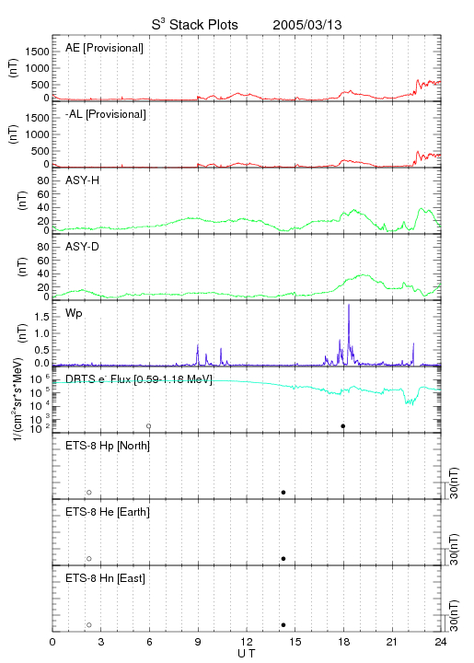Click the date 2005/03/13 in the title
[x=307, y=25]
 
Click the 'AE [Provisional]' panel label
[x=104, y=48]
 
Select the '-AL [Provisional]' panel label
[x=106, y=114]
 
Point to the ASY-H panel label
[x=83, y=180]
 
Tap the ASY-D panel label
[x=83, y=247]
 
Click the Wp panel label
[x=74, y=313]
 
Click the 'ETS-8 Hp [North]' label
[x=108, y=446]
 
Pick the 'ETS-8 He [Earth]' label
[x=108, y=512]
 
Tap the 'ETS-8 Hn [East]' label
[x=105, y=578]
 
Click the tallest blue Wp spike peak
[x=349, y=305]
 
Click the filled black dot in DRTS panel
[x=343, y=426]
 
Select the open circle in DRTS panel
[x=149, y=426]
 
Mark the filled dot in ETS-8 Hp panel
[x=283, y=492]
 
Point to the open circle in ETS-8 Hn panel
[x=89, y=625]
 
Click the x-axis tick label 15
[x=295, y=642]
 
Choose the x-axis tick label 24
[x=441, y=642]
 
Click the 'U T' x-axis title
[x=247, y=654]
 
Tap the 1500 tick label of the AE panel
[x=37, y=52]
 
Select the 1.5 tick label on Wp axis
[x=41, y=317]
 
